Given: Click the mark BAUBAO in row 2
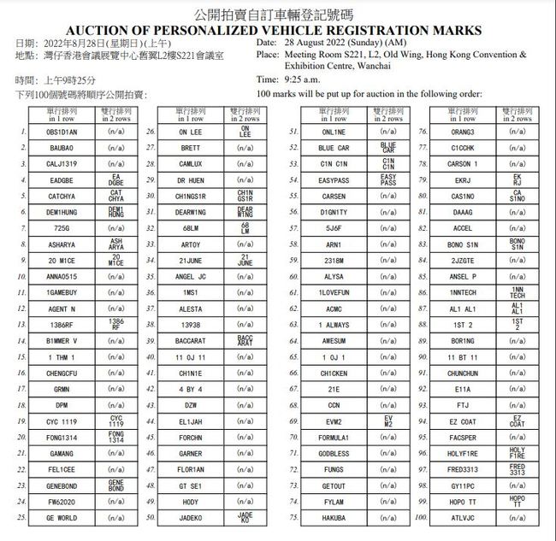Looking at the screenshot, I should pyautogui.click(x=62, y=148).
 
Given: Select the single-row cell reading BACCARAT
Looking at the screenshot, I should pyautogui.click(x=191, y=340).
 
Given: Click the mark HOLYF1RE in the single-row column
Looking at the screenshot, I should pyautogui.click(x=462, y=453).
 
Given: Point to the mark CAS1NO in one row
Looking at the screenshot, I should pyautogui.click(x=462, y=196).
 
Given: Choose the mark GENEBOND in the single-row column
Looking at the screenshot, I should pyautogui.click(x=62, y=485).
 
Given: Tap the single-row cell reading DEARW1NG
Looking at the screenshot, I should pyautogui.click(x=191, y=212).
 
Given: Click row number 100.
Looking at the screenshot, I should pyautogui.click(x=421, y=518).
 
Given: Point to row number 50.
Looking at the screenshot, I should pyautogui.click(x=150, y=518).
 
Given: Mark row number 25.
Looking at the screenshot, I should pyautogui.click(x=21, y=518).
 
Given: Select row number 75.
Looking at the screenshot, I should pyautogui.click(x=293, y=518).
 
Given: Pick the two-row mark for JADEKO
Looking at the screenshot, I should pyautogui.click(x=245, y=518).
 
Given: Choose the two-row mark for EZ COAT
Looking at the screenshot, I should pyautogui.click(x=518, y=421).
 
